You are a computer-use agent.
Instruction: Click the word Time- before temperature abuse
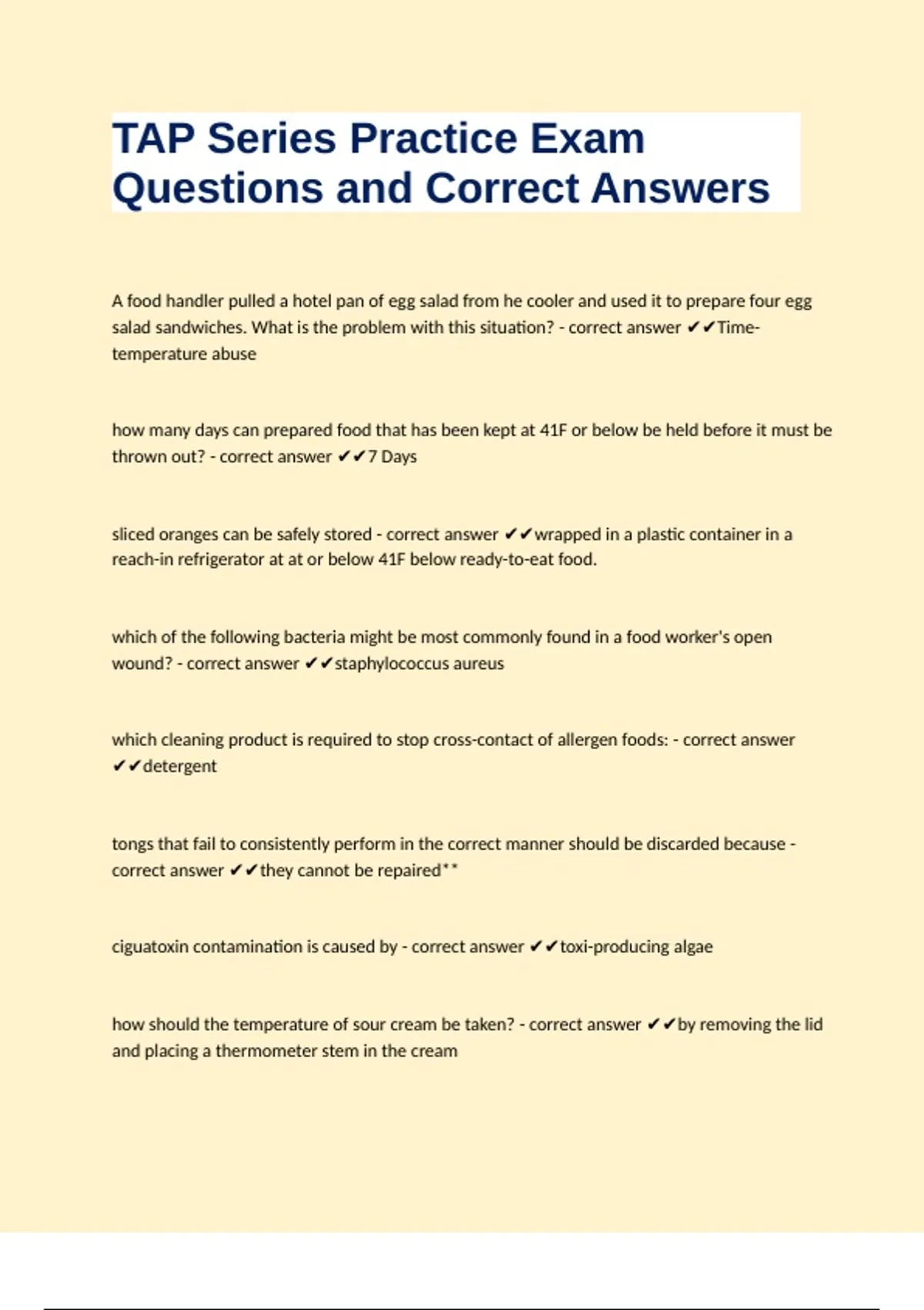pyautogui.click(x=738, y=327)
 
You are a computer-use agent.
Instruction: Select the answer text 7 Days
pyautogui.click(x=392, y=456)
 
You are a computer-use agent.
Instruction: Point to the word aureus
pyautogui.click(x=478, y=663)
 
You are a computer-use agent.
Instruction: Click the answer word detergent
pyautogui.click(x=179, y=766)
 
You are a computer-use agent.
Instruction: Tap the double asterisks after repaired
pyautogui.click(x=450, y=869)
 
